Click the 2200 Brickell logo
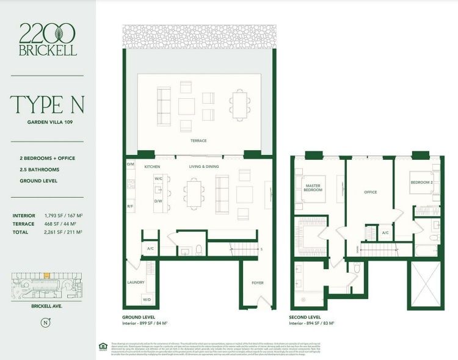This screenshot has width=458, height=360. point(48,40)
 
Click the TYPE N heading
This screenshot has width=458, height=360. point(47,104)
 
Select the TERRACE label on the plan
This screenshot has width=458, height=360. point(198,141)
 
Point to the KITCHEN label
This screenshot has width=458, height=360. point(151,167)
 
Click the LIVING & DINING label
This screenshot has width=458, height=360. point(204,167)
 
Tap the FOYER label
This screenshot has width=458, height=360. point(258,283)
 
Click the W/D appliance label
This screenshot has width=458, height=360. point(147,299)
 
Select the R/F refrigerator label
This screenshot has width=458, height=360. point(130,207)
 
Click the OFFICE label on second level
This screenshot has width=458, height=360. point(370,192)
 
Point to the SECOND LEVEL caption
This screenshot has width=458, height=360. point(305,317)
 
